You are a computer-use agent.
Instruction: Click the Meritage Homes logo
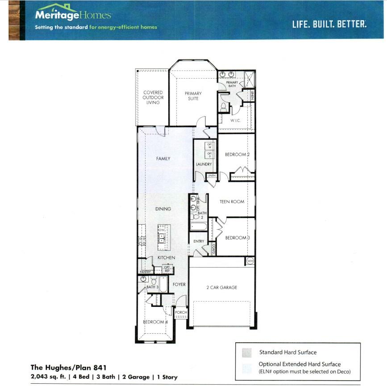coord(73,15)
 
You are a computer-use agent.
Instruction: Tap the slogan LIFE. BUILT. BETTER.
coord(329,24)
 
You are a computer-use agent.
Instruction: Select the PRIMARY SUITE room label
coord(193,96)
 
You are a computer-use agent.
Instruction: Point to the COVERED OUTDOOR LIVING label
coord(153,97)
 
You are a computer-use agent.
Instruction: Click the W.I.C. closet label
coord(236,121)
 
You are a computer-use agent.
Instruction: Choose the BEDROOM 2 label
coord(237,155)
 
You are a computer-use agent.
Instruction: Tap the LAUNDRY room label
coord(204,164)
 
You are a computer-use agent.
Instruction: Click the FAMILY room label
coord(163,159)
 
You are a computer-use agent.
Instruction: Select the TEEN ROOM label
coord(232,202)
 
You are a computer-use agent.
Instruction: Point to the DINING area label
coord(163,209)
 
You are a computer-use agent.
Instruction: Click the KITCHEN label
coord(166,258)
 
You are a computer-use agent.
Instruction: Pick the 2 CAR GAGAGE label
coord(221,288)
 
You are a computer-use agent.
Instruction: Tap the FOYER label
coord(179,285)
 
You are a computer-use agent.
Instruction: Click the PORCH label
coord(181,312)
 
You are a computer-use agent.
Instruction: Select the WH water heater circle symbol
coord(250,261)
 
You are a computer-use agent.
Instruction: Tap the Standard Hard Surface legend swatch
coord(247,352)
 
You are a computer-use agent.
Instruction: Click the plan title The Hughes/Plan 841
coord(68,368)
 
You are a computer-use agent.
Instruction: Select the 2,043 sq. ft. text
coord(48,377)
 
